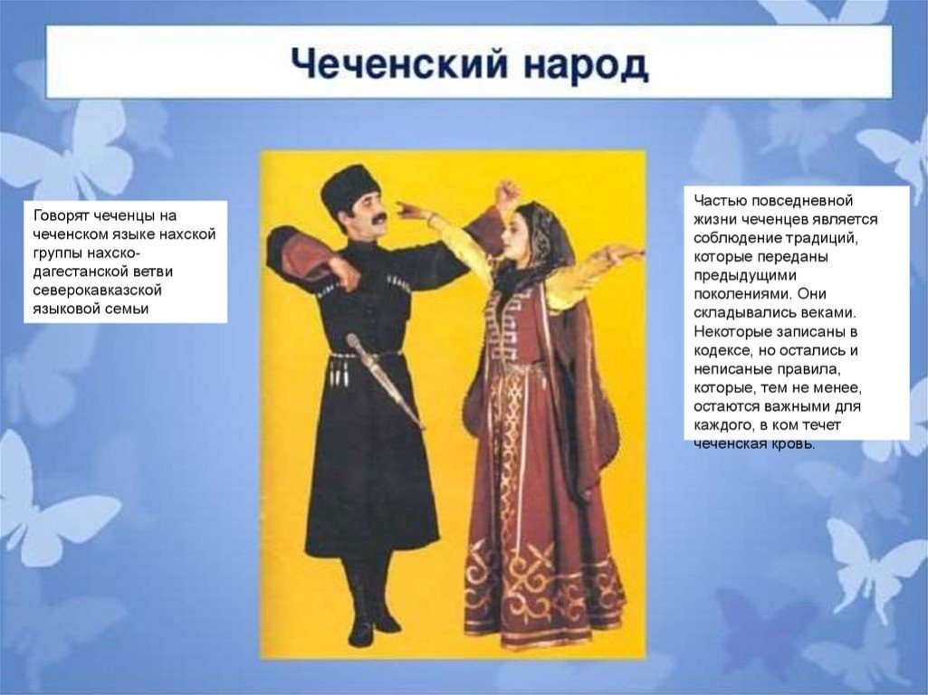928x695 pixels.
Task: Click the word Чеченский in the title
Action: click(399, 64)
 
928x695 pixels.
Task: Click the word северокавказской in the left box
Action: click(97, 290)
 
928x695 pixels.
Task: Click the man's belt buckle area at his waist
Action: click(367, 356)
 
